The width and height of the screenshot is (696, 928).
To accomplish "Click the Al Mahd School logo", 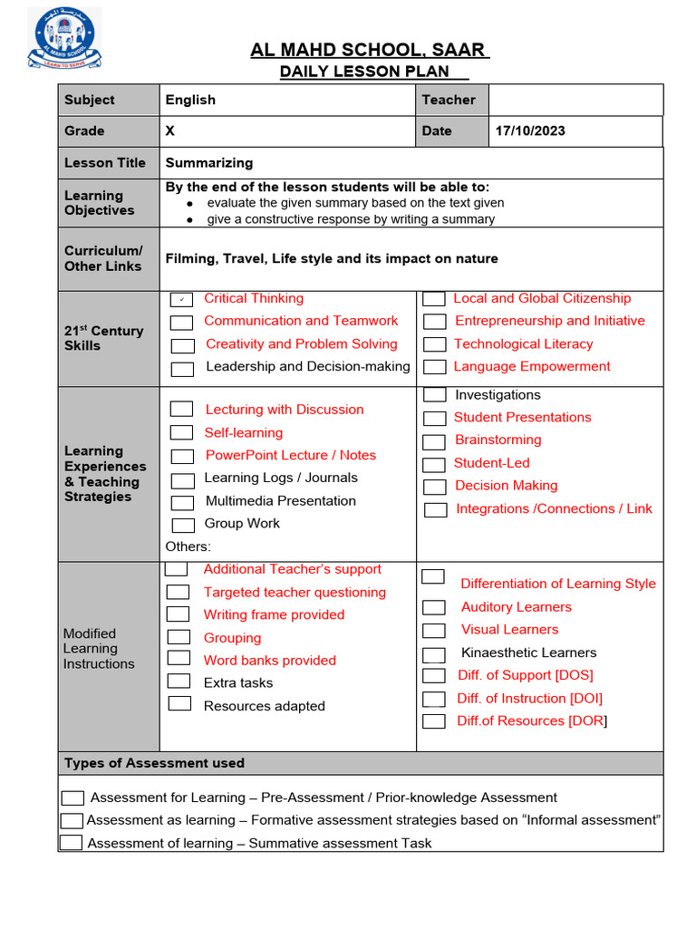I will pyautogui.click(x=64, y=39).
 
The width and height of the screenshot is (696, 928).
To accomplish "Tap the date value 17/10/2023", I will pyautogui.click(x=530, y=130).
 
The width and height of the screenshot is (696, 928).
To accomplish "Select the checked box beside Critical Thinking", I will pyautogui.click(x=182, y=300).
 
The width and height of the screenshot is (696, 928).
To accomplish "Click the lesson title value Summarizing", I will pyautogui.click(x=209, y=163).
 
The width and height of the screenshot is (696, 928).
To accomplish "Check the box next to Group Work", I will pyautogui.click(x=183, y=525).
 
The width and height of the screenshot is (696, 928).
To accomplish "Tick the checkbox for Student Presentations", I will pyautogui.click(x=435, y=418).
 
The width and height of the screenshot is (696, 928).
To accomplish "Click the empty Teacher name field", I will pyautogui.click(x=575, y=100).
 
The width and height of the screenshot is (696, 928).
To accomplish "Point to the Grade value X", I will pyautogui.click(x=170, y=130).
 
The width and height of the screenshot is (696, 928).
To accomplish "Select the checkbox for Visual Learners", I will pyautogui.click(x=434, y=631).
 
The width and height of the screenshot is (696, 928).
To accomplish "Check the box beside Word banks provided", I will pyautogui.click(x=179, y=659).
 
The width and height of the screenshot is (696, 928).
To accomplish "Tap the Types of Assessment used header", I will pyautogui.click(x=154, y=763).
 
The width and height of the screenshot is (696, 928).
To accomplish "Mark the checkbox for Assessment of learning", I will pyautogui.click(x=71, y=843).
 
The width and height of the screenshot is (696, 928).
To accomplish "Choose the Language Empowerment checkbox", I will pyautogui.click(x=435, y=367).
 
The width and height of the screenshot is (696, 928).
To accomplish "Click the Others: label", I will pyautogui.click(x=188, y=546).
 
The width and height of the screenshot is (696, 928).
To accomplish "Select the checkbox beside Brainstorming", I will pyautogui.click(x=435, y=441).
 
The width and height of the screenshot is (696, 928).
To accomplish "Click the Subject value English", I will pyautogui.click(x=190, y=100).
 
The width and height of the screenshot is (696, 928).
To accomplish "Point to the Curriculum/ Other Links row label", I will pyautogui.click(x=102, y=258).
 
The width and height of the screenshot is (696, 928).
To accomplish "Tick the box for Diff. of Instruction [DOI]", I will pyautogui.click(x=434, y=699).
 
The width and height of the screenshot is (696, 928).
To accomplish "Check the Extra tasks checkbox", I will pyautogui.click(x=179, y=681).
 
